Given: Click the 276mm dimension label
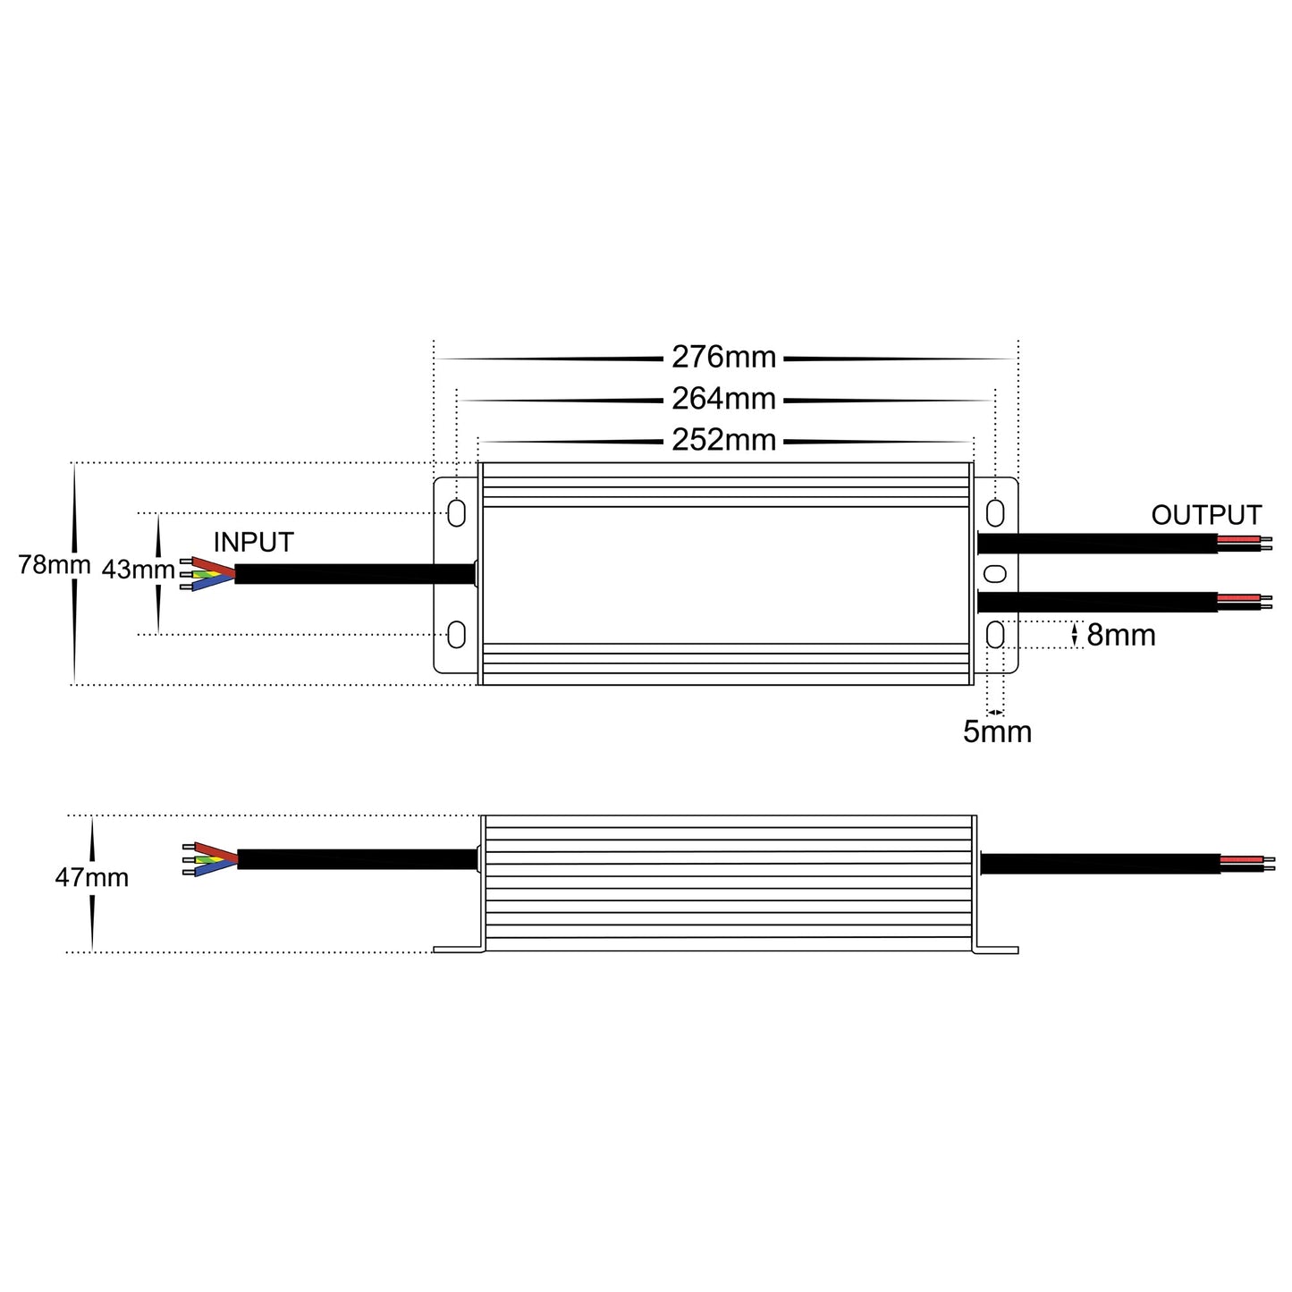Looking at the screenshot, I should (723, 358).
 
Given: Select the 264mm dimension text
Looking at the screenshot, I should (723, 399).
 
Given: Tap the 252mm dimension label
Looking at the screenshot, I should (723, 441).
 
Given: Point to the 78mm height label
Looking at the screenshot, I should (54, 565).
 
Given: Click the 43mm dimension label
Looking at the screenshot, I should (138, 570).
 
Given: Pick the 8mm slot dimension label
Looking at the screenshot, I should (1120, 636).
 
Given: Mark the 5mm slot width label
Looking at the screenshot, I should (997, 732).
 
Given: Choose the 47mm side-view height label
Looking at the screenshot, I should (91, 878).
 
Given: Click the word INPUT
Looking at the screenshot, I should (253, 543).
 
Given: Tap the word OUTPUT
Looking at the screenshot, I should (1206, 516).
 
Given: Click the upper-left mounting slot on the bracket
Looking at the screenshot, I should (456, 513).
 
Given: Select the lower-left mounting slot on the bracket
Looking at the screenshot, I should (456, 635).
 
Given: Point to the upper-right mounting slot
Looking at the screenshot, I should (995, 513).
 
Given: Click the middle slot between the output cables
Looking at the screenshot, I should (995, 573).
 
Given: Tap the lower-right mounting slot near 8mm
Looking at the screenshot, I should (995, 635).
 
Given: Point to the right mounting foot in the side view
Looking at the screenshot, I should (998, 949).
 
